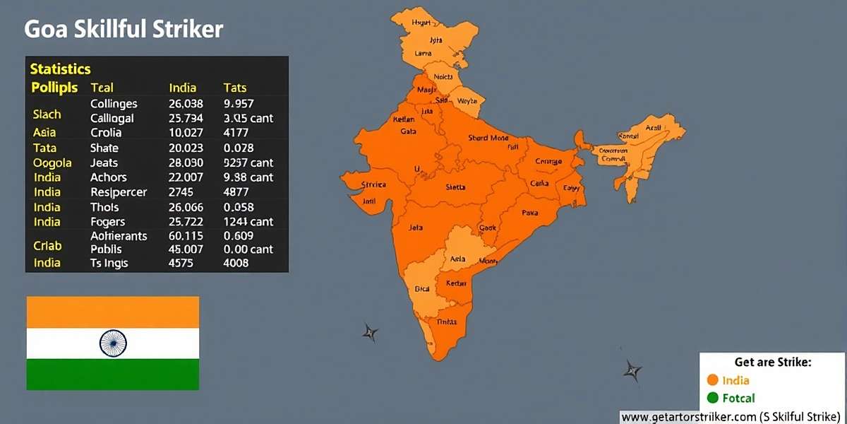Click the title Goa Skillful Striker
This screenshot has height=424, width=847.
click(x=124, y=30)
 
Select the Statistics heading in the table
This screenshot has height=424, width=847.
click(x=60, y=69)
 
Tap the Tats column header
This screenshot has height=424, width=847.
click(x=234, y=88)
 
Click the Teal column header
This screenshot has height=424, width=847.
click(x=102, y=88)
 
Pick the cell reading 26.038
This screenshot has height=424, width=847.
click(x=186, y=104)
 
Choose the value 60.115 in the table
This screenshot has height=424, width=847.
click(x=186, y=236)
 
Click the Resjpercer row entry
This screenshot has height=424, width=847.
click(x=119, y=192)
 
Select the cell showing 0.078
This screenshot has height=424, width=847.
click(x=239, y=148)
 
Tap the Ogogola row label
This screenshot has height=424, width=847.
click(x=52, y=163)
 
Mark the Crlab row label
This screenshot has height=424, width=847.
click(x=47, y=246)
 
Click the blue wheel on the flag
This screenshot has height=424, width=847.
click(x=113, y=343)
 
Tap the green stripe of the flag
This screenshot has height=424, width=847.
click(x=113, y=374)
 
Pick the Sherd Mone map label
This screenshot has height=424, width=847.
click(x=488, y=139)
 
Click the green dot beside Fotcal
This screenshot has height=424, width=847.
click(x=711, y=398)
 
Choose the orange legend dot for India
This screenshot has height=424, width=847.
click(x=711, y=380)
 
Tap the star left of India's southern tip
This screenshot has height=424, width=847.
click(x=371, y=332)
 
